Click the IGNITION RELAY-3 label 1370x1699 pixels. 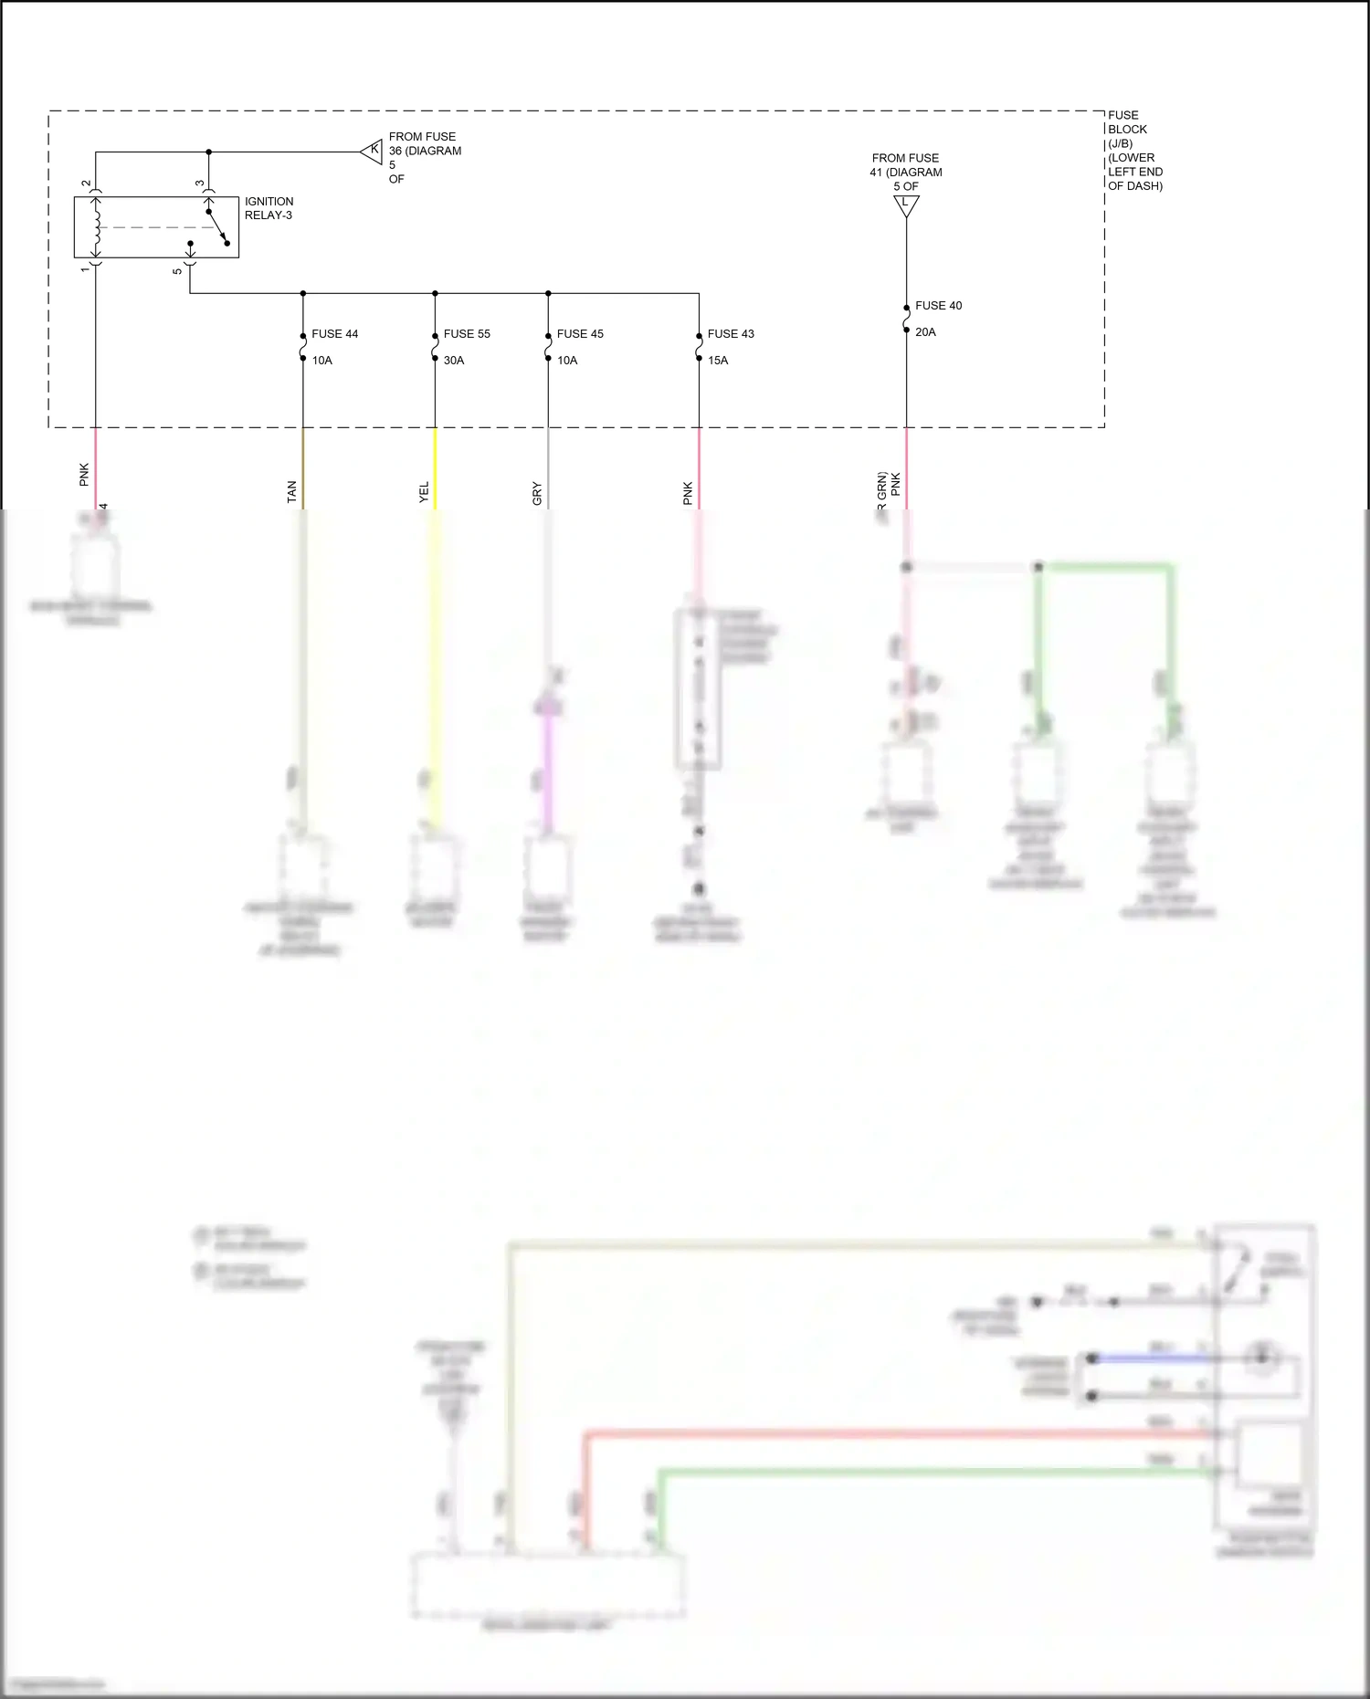(269, 208)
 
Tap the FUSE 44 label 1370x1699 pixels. (334, 334)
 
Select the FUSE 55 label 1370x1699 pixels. (467, 334)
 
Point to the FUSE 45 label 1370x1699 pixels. (580, 334)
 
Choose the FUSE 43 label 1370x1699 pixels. (731, 334)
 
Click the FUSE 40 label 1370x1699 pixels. (938, 306)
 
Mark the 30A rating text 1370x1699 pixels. (454, 361)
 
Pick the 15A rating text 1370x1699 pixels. (718, 361)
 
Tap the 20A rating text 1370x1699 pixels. (925, 332)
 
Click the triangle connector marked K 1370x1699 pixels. (373, 152)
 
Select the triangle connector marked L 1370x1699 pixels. (906, 205)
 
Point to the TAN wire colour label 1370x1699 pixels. (292, 492)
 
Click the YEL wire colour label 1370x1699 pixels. (424, 492)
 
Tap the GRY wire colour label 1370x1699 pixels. (537, 494)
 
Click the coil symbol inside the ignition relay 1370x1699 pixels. (96, 226)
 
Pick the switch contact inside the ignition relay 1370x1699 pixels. (217, 227)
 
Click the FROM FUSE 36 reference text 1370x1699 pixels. (425, 157)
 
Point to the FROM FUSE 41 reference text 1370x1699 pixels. (905, 172)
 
